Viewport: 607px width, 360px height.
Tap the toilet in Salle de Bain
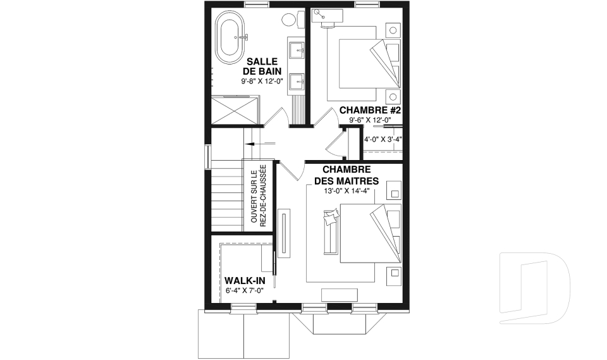pyautogui.click(x=293, y=20)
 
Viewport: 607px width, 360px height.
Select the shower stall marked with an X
pyautogui.click(x=235, y=111)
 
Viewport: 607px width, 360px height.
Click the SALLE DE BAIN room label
pyautogui.click(x=262, y=66)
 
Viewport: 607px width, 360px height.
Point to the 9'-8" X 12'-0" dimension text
pyautogui.click(x=262, y=82)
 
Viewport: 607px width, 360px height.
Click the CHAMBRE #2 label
pyautogui.click(x=370, y=110)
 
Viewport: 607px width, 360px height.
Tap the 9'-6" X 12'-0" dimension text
pyautogui.click(x=370, y=120)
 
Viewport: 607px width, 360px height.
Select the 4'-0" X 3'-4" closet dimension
pyautogui.click(x=383, y=139)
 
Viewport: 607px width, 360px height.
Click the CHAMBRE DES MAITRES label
pyautogui.click(x=346, y=175)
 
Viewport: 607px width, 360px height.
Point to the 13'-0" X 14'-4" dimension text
pyautogui.click(x=347, y=190)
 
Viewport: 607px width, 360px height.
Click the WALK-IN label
pyautogui.click(x=245, y=280)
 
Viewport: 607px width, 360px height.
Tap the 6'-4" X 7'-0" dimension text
pyautogui.click(x=245, y=290)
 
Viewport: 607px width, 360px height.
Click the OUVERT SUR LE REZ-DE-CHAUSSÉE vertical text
pyautogui.click(x=258, y=196)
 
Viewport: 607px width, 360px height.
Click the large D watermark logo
pyautogui.click(x=535, y=288)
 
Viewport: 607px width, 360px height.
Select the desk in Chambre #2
pyautogui.click(x=327, y=16)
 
